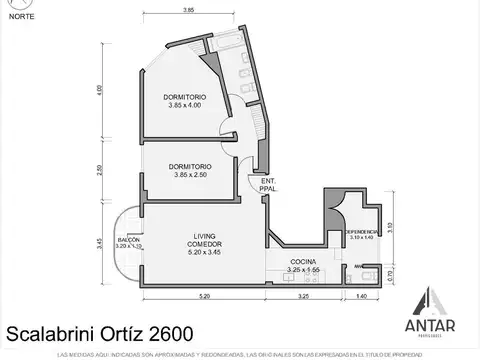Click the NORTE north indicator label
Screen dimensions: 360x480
pyautogui.click(x=18, y=17)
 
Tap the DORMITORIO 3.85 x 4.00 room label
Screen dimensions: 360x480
pyautogui.click(x=189, y=101)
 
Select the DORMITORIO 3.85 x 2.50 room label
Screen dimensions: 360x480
pyautogui.click(x=189, y=170)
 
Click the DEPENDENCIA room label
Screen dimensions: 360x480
pyautogui.click(x=361, y=234)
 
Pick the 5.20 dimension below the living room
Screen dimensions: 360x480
pyautogui.click(x=204, y=297)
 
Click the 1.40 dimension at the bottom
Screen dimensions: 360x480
pyautogui.click(x=361, y=297)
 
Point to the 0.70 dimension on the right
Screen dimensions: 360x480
pyautogui.click(x=391, y=273)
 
